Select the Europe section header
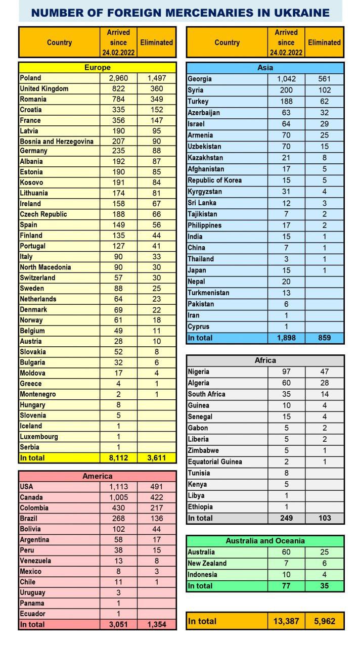pyautogui.click(x=97, y=67)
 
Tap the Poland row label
pyautogui.click(x=30, y=78)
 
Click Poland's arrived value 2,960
pyautogui.click(x=118, y=78)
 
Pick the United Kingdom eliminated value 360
pyautogui.click(x=156, y=88)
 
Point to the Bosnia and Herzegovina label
pyautogui.click(x=57, y=142)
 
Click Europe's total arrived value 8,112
pyautogui.click(x=118, y=458)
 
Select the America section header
pyautogui.click(x=97, y=476)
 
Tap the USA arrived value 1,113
pyautogui.click(x=118, y=487)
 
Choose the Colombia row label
pyautogui.click(x=34, y=508)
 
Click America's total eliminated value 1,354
pyautogui.click(x=156, y=625)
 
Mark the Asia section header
pyautogui.click(x=265, y=67)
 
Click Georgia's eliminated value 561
pyautogui.click(x=324, y=79)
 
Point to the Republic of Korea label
pyautogui.click(x=214, y=180)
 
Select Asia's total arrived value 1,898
pyautogui.click(x=286, y=338)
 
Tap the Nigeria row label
pyautogui.click(x=198, y=372)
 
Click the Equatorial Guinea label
pyautogui.click(x=214, y=461)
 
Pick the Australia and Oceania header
pyautogui.click(x=265, y=541)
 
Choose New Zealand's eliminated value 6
pyautogui.click(x=324, y=563)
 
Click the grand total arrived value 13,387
pyautogui.click(x=286, y=621)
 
